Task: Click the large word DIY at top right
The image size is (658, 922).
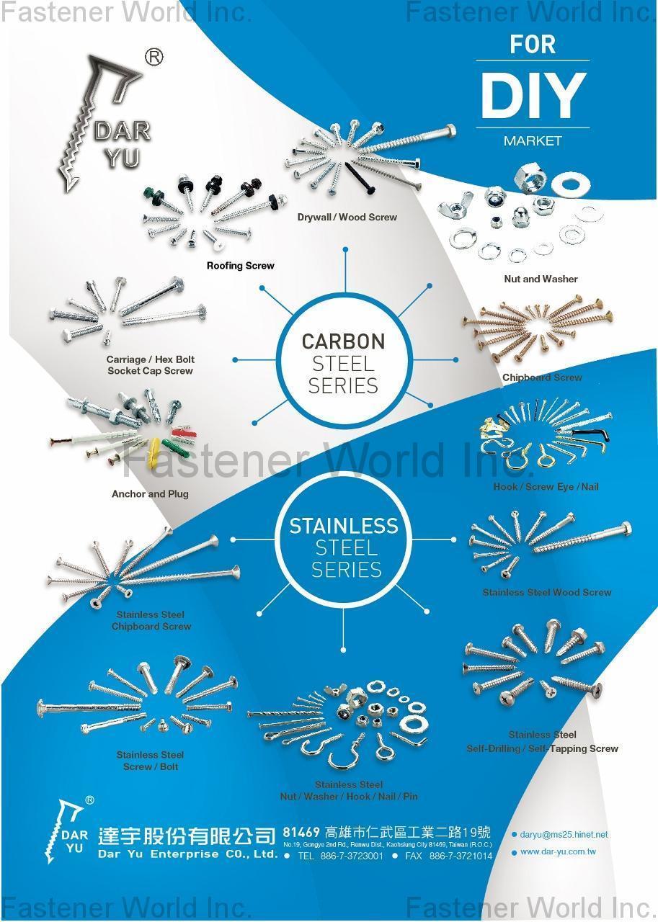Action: (x=533, y=95)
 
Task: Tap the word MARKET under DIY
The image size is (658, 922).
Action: (x=533, y=141)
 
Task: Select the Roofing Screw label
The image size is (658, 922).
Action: (x=241, y=266)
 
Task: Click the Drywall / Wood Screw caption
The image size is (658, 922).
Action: (x=347, y=217)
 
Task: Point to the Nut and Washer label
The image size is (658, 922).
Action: (x=541, y=279)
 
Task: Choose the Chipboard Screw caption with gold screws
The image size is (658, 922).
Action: (x=542, y=377)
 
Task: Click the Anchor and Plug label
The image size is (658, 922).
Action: (x=150, y=494)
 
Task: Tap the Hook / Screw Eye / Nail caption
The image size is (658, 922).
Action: (x=546, y=487)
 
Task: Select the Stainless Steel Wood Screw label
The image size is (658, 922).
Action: (x=547, y=592)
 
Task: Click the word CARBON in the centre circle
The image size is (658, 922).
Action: (x=343, y=341)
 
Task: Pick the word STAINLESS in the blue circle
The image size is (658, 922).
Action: (x=344, y=526)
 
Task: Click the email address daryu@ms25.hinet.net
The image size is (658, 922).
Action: (x=564, y=835)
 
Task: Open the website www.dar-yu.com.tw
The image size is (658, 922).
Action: (x=558, y=852)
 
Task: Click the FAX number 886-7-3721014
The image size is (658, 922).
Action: (x=461, y=856)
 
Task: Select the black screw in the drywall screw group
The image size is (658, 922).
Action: (x=359, y=176)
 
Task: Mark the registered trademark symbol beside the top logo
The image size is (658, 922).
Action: (x=154, y=58)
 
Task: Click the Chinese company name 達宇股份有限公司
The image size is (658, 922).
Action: (x=187, y=836)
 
